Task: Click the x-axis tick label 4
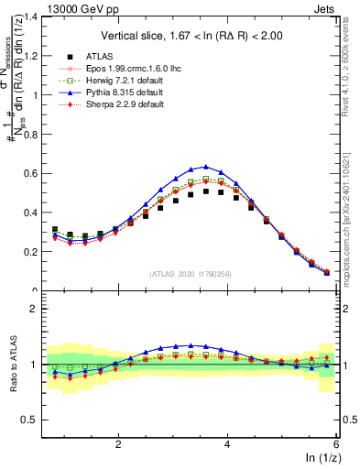coord(227,444)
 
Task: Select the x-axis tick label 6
coord(336,444)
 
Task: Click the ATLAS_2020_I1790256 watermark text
coord(191,274)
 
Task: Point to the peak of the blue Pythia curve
coord(207,167)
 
